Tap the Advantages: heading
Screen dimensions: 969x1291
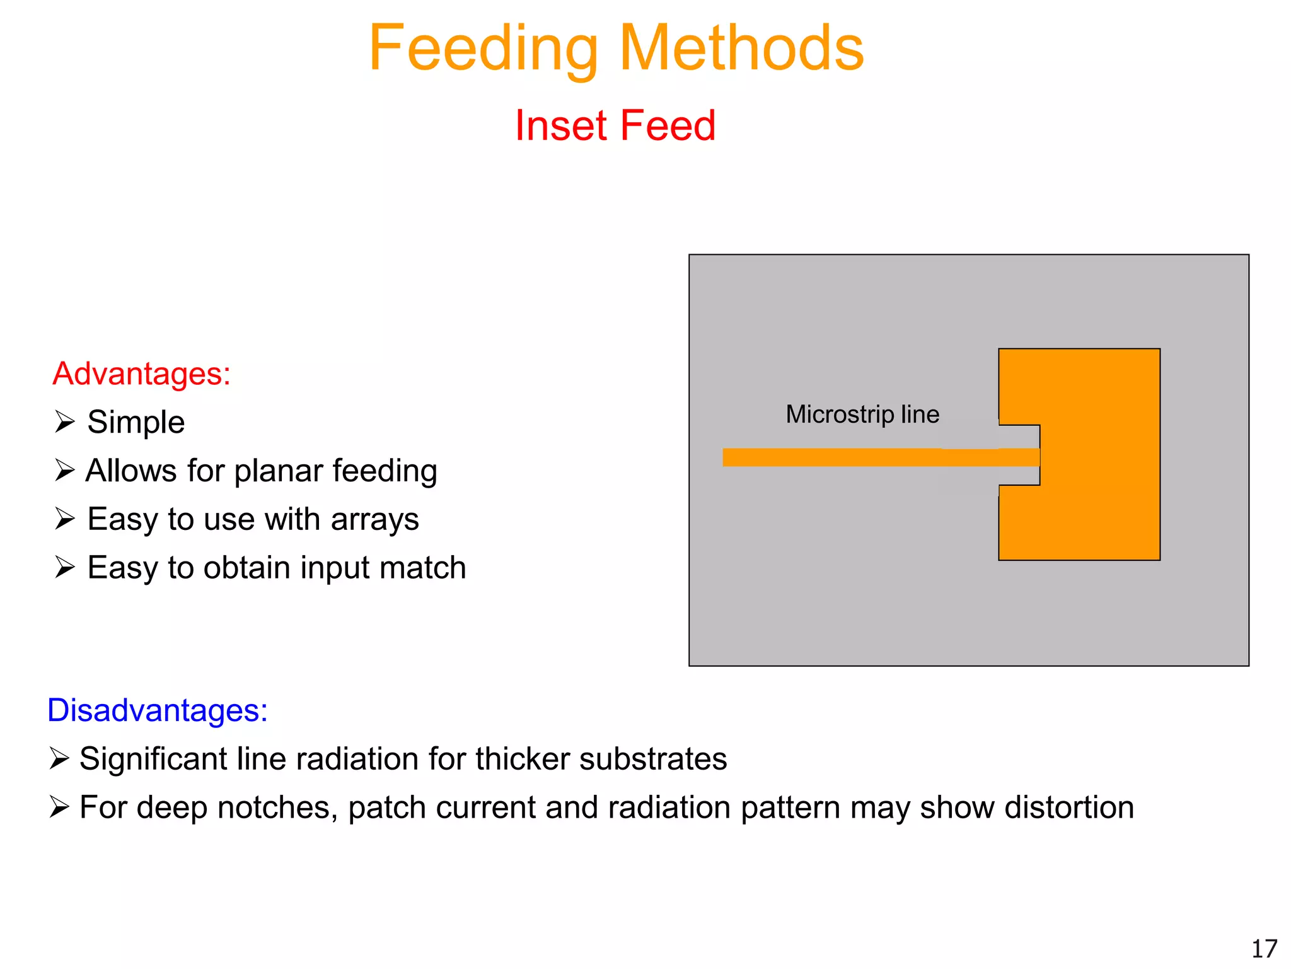141,373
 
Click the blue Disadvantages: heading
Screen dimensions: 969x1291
158,710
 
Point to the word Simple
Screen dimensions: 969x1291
136,421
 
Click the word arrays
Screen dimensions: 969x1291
374,519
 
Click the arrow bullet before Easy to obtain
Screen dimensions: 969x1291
64,567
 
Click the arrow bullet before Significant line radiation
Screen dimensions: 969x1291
59,758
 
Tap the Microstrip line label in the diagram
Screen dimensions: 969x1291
862,414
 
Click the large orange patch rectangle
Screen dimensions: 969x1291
1100,454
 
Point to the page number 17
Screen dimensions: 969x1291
1264,949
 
